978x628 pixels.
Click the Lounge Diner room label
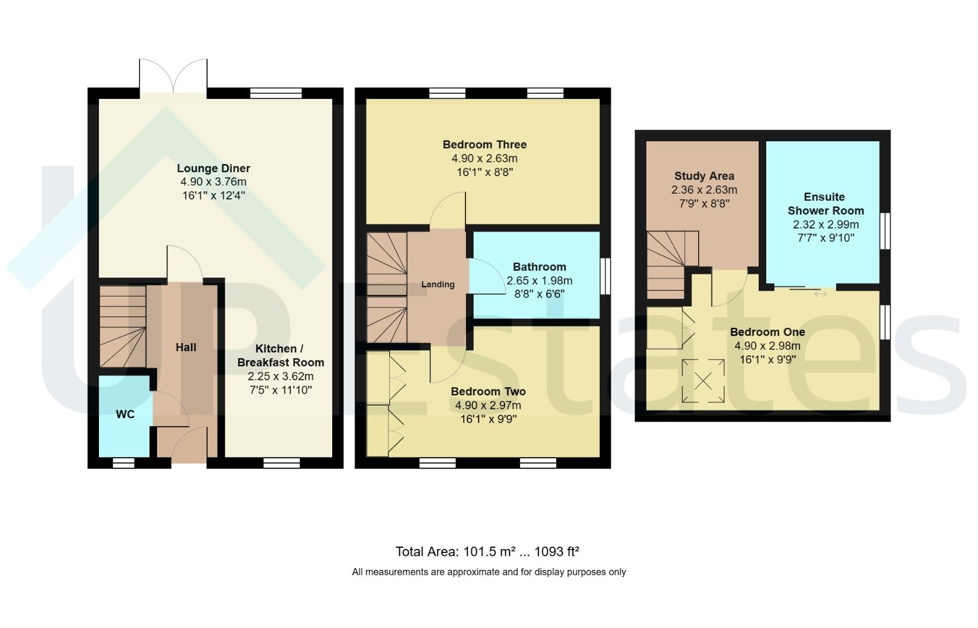(x=214, y=168)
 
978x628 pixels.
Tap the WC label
(x=125, y=414)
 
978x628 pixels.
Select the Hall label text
(x=186, y=347)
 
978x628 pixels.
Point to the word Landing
(x=438, y=284)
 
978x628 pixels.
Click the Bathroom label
(x=539, y=267)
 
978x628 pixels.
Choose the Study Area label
(x=704, y=176)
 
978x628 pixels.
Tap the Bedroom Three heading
(x=485, y=144)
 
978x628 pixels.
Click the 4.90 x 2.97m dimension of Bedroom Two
(x=488, y=405)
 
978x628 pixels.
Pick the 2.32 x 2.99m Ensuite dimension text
(x=826, y=225)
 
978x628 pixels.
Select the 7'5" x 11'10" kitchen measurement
(x=281, y=390)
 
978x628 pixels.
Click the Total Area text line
(x=487, y=552)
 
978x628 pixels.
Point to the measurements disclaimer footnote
(x=489, y=572)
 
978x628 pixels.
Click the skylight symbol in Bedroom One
(x=703, y=380)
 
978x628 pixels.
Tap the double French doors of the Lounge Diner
(x=173, y=76)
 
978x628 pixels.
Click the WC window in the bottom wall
(x=123, y=463)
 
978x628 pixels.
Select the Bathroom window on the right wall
(x=605, y=276)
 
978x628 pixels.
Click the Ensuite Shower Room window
(x=885, y=231)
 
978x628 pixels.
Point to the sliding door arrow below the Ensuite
(x=820, y=294)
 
